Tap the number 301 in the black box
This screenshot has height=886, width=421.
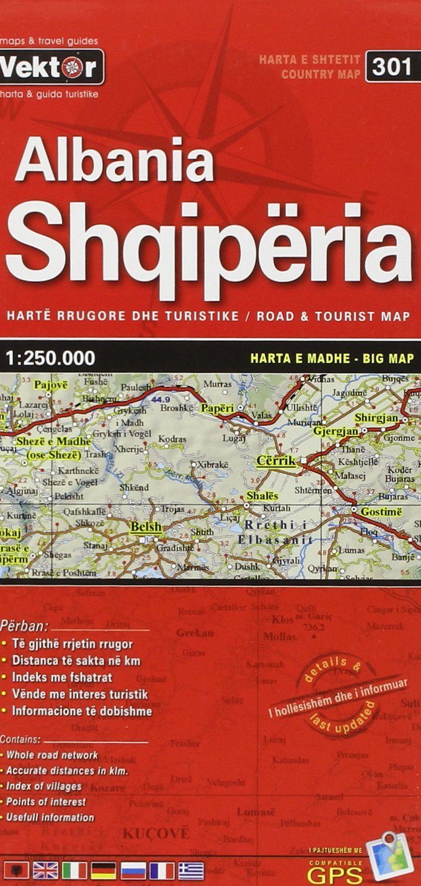[x=392, y=66]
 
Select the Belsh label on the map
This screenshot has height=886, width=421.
[x=146, y=527]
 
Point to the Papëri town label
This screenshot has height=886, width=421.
[x=217, y=409]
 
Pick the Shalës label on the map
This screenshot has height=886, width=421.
[x=262, y=496]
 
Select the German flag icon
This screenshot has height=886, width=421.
[x=104, y=871]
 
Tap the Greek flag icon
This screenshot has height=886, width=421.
[x=191, y=871]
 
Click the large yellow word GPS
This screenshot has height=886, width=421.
[x=335, y=874]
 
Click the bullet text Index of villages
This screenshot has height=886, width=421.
[x=44, y=786]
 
